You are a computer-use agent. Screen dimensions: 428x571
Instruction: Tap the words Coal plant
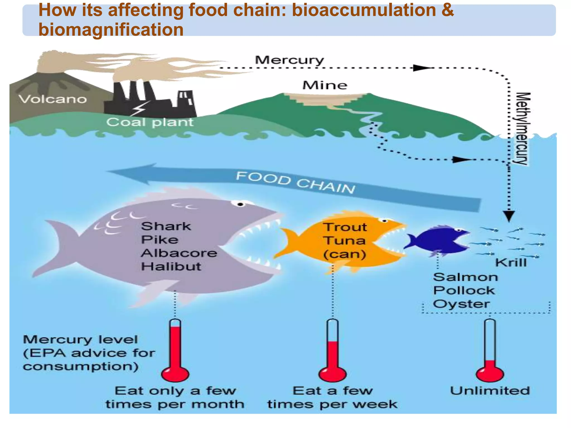pos(150,122)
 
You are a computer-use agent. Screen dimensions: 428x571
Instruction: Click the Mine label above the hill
pos(325,85)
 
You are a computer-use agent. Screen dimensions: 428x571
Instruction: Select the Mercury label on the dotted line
pos(289,60)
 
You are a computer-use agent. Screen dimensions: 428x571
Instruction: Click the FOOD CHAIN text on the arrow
pos(296,183)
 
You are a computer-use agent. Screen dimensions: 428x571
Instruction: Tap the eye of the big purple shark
pos(240,205)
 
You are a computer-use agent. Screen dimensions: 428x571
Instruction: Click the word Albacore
pos(179,253)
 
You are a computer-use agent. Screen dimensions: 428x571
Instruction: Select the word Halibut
pos(171,267)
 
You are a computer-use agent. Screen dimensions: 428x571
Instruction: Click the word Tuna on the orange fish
pos(345,241)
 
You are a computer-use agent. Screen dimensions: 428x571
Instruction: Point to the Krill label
pos(511,263)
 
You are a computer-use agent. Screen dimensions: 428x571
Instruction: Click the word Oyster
pos(461,304)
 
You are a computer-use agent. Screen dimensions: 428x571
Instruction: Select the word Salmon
pos(465,277)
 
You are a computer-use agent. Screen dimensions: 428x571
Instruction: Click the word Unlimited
pos(490,391)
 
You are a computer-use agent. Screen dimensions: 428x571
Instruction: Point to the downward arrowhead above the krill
pos(509,216)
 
